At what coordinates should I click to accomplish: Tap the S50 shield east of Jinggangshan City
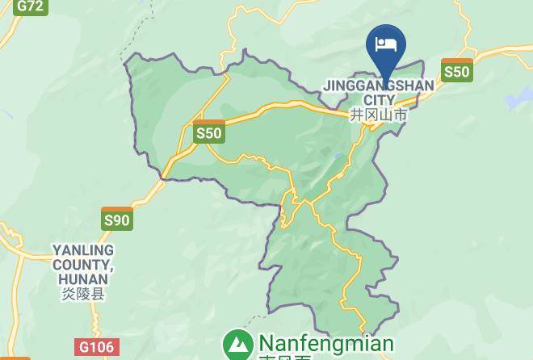point(456,71)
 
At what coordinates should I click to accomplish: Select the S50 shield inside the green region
point(208,132)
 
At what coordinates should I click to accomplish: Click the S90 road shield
point(117,219)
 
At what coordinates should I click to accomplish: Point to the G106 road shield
point(95,347)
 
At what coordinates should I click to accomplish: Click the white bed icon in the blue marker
point(385,43)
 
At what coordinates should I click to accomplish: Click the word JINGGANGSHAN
point(379,86)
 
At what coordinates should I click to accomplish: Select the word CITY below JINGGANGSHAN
point(379,100)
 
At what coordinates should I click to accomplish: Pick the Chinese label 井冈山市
point(379,115)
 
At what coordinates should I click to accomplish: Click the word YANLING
point(83,250)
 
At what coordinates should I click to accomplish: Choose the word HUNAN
point(83,279)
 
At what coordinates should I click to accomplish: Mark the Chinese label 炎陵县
point(83,295)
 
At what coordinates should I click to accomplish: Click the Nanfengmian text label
point(325,343)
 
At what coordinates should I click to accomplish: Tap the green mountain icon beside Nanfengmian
point(237,344)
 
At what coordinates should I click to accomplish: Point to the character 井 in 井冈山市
point(357,115)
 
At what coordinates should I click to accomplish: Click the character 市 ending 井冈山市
point(401,115)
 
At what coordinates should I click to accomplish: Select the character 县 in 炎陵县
point(98,295)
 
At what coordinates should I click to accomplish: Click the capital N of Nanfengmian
point(266,343)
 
